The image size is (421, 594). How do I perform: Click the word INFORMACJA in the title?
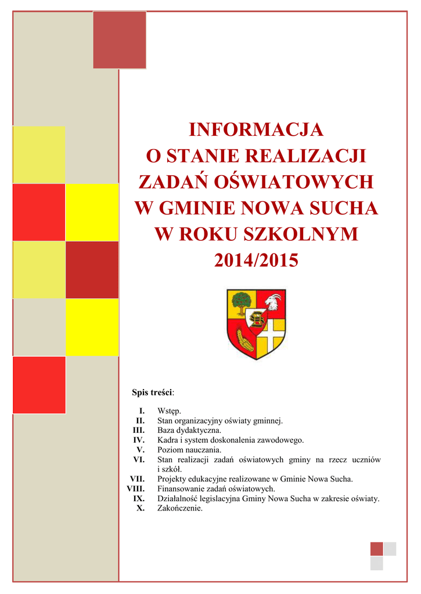click(256, 129)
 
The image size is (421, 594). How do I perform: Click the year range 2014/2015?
click(256, 260)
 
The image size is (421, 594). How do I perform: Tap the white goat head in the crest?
click(273, 302)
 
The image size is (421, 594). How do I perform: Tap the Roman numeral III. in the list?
click(139, 430)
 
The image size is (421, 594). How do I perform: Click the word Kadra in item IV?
click(167, 440)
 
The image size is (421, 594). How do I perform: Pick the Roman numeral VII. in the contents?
click(137, 479)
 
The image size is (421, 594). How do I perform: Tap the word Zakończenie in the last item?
click(180, 508)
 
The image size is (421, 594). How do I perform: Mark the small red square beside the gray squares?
click(376, 549)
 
